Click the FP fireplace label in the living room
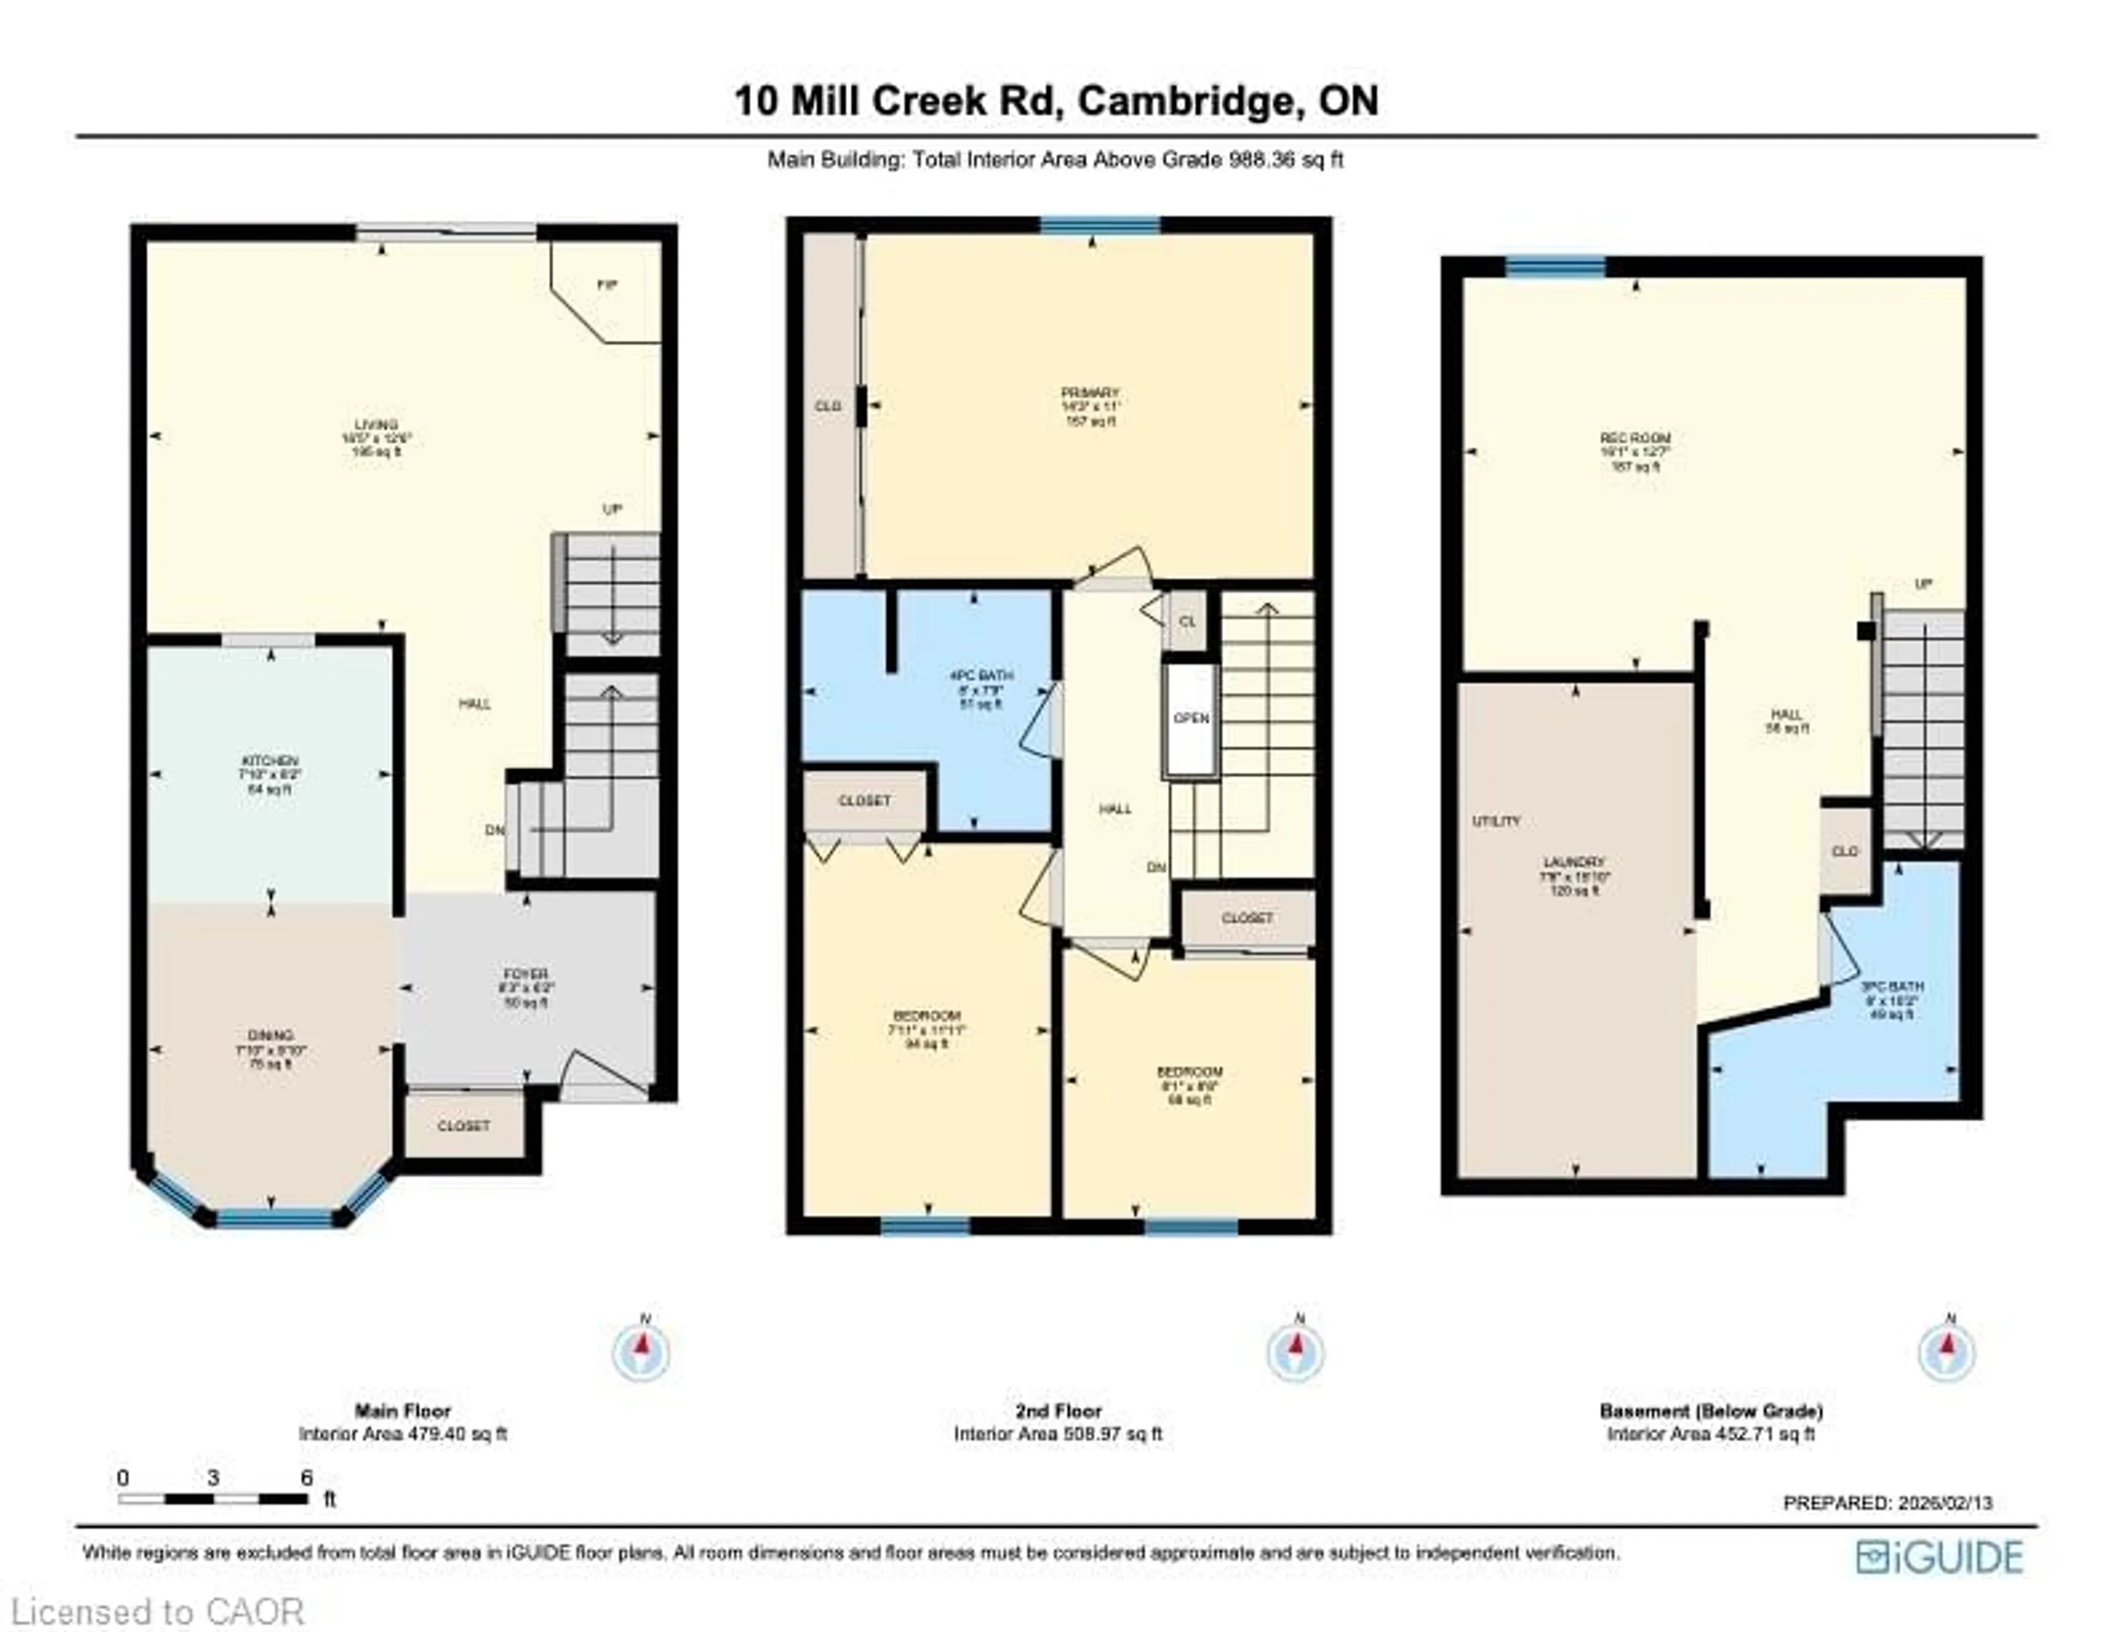[606, 285]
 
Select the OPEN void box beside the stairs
[1191, 719]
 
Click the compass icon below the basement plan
[1947, 1353]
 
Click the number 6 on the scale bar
[306, 1478]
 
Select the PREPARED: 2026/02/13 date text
[1887, 1502]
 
